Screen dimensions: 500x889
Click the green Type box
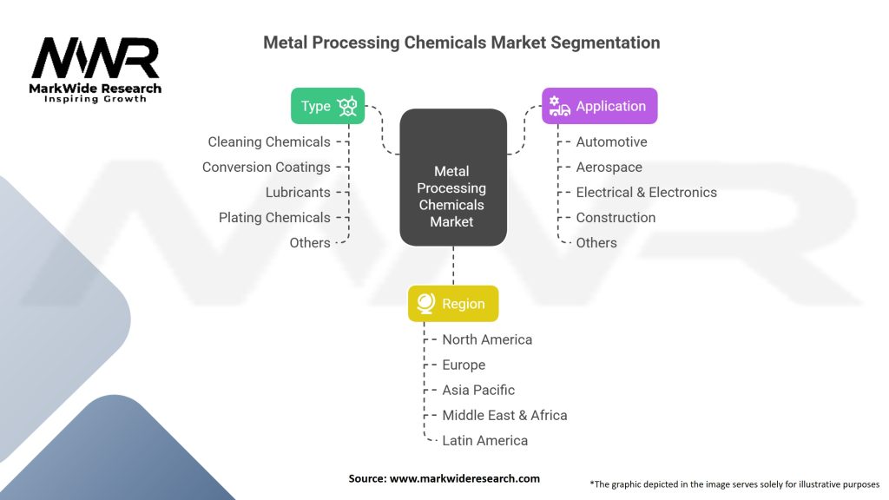327,106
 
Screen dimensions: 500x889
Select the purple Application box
599,106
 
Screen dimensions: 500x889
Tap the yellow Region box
453,304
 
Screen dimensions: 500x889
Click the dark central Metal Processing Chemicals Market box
452,177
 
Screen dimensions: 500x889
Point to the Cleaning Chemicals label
269,141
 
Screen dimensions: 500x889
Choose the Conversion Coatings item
267,167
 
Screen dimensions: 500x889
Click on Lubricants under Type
298,192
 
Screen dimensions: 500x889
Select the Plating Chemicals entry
274,217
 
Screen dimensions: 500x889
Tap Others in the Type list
310,242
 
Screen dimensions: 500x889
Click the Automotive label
611,141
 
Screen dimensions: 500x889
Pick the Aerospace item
609,167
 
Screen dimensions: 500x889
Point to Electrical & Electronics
647,192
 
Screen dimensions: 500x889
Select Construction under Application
616,217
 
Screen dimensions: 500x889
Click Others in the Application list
596,242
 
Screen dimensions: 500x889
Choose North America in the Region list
487,339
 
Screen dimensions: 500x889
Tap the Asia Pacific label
478,390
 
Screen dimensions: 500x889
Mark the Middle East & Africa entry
504,415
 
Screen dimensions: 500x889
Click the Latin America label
484,440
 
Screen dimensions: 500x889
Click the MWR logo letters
95,59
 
